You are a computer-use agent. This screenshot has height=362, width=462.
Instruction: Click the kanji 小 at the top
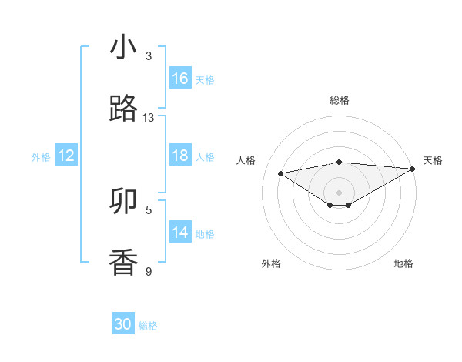pyautogui.click(x=123, y=48)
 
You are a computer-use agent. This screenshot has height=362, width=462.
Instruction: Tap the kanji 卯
pyautogui.click(x=123, y=201)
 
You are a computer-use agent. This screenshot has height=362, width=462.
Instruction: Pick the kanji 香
pyautogui.click(x=123, y=263)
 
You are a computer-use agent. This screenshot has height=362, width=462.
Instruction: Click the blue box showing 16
pyautogui.click(x=180, y=79)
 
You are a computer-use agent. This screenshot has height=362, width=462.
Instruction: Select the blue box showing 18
pyautogui.click(x=180, y=156)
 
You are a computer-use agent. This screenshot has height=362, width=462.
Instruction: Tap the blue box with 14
pyautogui.click(x=180, y=233)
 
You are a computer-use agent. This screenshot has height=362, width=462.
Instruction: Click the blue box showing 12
pyautogui.click(x=66, y=156)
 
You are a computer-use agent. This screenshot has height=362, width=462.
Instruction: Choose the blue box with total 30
pyautogui.click(x=123, y=324)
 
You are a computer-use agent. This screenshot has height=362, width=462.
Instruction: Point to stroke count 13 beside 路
pyautogui.click(x=149, y=118)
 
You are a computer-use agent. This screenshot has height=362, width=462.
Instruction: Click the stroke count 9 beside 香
pyautogui.click(x=149, y=271)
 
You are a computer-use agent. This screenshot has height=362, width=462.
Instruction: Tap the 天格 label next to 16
pyautogui.click(x=205, y=79)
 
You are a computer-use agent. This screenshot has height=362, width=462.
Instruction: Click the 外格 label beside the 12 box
pyautogui.click(x=41, y=156)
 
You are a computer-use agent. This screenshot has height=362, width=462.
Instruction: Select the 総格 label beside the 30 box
pyautogui.click(x=148, y=325)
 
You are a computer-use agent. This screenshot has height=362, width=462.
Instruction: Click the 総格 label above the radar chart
pyautogui.click(x=339, y=100)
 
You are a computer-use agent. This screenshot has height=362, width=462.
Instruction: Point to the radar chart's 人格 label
pyautogui.click(x=246, y=160)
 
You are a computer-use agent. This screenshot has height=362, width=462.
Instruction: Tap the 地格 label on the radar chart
pyautogui.click(x=403, y=263)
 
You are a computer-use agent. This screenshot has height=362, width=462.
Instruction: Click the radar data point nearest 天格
pyautogui.click(x=413, y=168)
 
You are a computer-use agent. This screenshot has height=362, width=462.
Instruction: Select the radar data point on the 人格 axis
pyautogui.click(x=281, y=173)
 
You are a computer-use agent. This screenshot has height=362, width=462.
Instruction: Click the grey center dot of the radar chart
pyautogui.click(x=339, y=192)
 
